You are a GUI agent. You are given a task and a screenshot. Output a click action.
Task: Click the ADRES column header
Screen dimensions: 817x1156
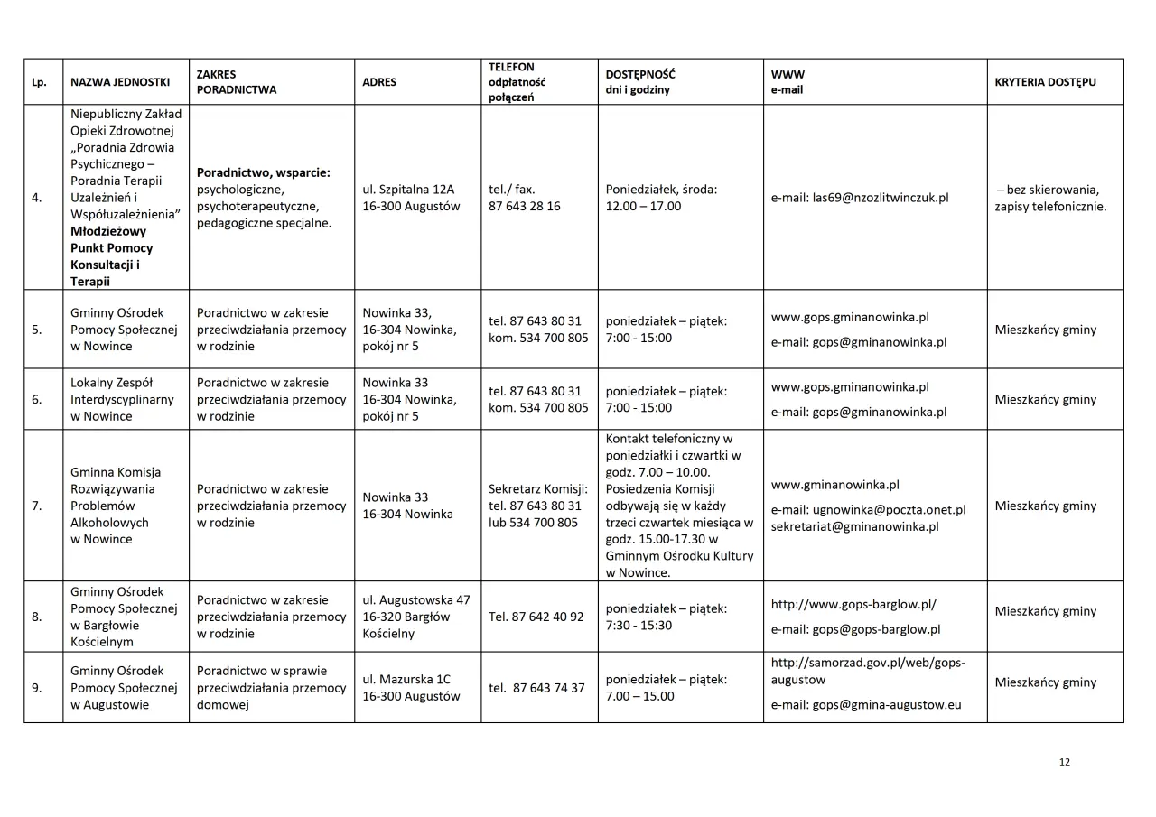378,82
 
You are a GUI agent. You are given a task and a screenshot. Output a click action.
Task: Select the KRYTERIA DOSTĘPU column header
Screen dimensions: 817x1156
1045,82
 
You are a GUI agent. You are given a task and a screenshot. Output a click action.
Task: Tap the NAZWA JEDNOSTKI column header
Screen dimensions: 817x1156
120,82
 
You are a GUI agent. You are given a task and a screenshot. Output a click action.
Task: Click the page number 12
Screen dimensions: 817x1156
1064,763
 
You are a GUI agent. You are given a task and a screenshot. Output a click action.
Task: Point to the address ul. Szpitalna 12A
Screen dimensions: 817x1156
408,190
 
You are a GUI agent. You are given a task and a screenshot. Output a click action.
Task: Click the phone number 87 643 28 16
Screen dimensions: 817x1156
524,206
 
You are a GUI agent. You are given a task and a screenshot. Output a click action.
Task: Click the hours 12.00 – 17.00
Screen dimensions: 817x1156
643,206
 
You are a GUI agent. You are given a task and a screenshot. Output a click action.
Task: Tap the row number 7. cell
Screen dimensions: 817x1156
37,506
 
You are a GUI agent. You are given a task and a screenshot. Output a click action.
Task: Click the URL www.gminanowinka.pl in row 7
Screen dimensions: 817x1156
834,485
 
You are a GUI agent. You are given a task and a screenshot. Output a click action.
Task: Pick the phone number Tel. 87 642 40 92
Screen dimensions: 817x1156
536,617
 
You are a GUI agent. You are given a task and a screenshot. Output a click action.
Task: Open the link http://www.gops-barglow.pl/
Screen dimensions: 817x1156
853,604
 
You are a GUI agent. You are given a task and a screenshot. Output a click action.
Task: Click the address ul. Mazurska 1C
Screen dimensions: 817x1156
406,680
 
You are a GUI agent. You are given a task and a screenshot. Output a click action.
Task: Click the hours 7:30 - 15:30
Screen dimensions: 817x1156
639,625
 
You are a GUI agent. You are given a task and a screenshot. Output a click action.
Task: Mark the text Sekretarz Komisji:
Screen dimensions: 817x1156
538,489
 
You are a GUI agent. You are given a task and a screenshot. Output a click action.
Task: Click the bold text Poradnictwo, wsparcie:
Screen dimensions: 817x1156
263,172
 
